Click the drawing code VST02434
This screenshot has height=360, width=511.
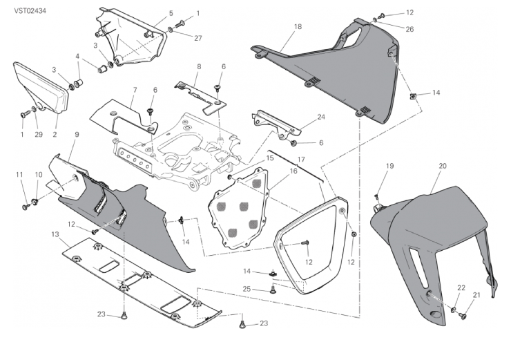click(x=30, y=11)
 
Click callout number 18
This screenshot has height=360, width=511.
click(x=298, y=27)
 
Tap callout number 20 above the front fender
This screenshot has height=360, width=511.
click(x=442, y=166)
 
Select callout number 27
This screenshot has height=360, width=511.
click(x=198, y=38)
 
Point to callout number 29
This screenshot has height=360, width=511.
click(x=39, y=134)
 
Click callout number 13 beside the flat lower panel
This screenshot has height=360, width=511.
click(x=55, y=234)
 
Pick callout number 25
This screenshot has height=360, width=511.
click(x=247, y=289)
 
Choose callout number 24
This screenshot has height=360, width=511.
click(x=321, y=117)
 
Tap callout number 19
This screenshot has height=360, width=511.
click(x=389, y=166)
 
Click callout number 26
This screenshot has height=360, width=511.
click(x=409, y=29)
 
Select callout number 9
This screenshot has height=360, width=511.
click(x=77, y=134)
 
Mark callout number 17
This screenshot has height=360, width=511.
click(x=301, y=160)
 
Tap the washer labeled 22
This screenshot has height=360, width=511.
click(x=454, y=310)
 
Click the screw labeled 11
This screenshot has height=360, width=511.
click(x=26, y=207)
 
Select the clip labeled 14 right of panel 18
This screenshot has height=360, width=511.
click(x=412, y=96)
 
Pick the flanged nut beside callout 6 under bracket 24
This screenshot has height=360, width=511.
click(x=293, y=143)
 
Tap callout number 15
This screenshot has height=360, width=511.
click(x=270, y=158)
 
